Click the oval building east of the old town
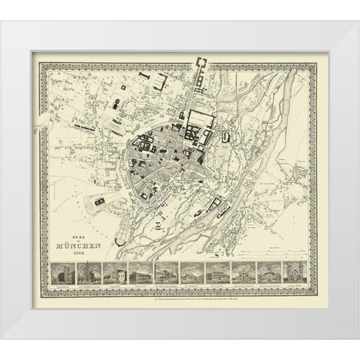tap(226, 136)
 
